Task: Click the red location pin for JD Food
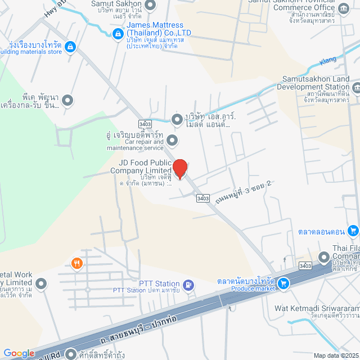(x=179, y=169)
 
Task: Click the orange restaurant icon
(x=76, y=263)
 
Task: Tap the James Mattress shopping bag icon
(x=118, y=34)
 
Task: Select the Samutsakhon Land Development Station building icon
(x=357, y=88)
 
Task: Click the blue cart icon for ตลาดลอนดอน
(x=353, y=230)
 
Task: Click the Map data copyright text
(x=336, y=355)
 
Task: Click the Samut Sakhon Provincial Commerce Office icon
(x=344, y=8)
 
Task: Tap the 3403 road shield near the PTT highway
(x=305, y=265)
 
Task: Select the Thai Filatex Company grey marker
(x=324, y=257)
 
